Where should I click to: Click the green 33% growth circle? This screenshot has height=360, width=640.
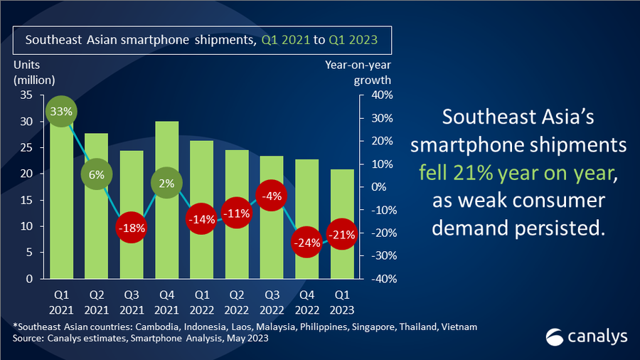coord(61,112)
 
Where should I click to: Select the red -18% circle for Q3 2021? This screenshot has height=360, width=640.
coord(131,228)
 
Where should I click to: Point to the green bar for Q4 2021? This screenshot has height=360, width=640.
coord(166,235)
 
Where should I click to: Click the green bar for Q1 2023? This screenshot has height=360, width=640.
coord(343,256)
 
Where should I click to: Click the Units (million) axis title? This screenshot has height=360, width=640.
coord(33,73)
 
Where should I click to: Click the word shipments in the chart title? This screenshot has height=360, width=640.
coord(217,40)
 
